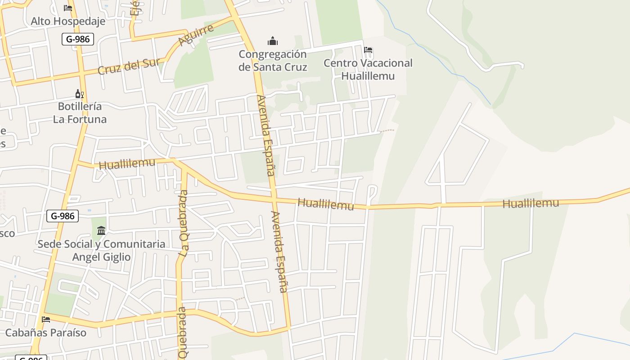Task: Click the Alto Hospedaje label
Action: pyautogui.click(x=68, y=21)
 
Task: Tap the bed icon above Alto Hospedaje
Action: pyautogui.click(x=68, y=8)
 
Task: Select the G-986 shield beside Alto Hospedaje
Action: pyautogui.click(x=78, y=39)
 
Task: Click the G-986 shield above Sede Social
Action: pyautogui.click(x=63, y=216)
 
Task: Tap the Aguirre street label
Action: pyautogui.click(x=196, y=35)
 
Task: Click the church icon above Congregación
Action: pyautogui.click(x=273, y=41)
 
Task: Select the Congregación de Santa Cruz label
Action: pyautogui.click(x=273, y=61)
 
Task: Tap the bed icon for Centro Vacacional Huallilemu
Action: pyautogui.click(x=368, y=50)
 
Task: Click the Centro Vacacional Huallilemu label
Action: pyautogui.click(x=368, y=69)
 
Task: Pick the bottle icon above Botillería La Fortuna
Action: pyautogui.click(x=80, y=94)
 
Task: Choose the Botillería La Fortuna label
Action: pyautogui.click(x=80, y=113)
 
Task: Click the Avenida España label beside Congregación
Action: pyautogui.click(x=265, y=135)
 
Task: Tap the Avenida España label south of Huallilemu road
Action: pyautogui.click(x=279, y=252)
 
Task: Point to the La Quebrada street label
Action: pyautogui.click(x=183, y=224)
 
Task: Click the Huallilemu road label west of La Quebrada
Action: pyautogui.click(x=127, y=163)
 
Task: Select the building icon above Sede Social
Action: pyautogui.click(x=101, y=231)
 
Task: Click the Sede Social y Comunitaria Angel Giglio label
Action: pyautogui.click(x=101, y=251)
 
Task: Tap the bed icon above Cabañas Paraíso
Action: pyautogui.click(x=46, y=319)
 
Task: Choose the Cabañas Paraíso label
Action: pyautogui.click(x=45, y=333)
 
